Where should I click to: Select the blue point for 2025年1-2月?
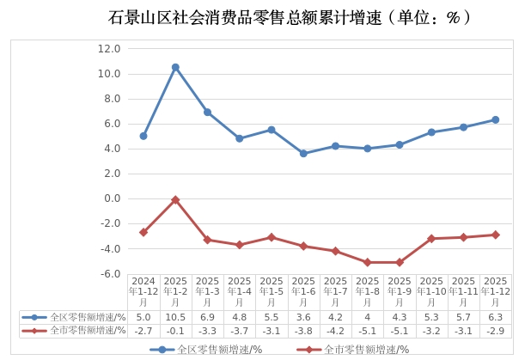click(x=175, y=67)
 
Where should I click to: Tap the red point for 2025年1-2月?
click(x=175, y=200)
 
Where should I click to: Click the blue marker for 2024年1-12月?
click(x=143, y=136)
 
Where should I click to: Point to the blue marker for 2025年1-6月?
click(x=303, y=154)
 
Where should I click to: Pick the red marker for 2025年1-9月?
click(x=399, y=262)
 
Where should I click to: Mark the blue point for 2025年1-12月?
click(x=495, y=119)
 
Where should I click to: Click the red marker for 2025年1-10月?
click(x=431, y=238)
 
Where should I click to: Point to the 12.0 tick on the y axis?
click(x=109, y=49)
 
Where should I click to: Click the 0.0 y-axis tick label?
click(x=112, y=198)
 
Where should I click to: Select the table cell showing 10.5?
click(x=175, y=317)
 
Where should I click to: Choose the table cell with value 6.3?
click(x=495, y=317)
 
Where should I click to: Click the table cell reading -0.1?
click(x=175, y=330)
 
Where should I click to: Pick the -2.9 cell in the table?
click(x=495, y=330)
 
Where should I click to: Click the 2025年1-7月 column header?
click(x=335, y=291)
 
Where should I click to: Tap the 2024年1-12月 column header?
click(x=143, y=291)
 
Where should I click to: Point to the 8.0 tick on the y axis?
click(x=112, y=99)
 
